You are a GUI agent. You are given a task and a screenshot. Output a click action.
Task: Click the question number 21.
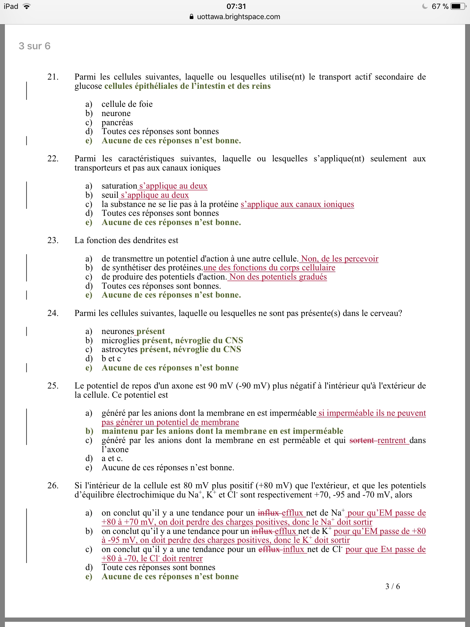click(x=53, y=77)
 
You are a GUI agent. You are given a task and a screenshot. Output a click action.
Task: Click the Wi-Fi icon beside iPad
click(x=27, y=6)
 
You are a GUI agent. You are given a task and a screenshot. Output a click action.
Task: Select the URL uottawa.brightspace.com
click(x=238, y=17)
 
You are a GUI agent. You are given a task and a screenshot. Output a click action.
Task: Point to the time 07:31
click(x=236, y=6)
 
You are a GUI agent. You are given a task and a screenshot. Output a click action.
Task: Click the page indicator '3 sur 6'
click(x=35, y=46)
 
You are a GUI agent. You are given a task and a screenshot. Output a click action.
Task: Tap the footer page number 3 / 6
click(x=393, y=586)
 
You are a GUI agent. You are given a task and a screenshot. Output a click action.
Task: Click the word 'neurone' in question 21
click(x=116, y=113)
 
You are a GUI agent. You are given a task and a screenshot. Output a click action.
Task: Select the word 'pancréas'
click(x=117, y=122)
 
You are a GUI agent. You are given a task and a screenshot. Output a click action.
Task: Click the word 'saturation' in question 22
click(x=119, y=186)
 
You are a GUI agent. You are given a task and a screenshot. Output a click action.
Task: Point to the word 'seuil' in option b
click(x=110, y=195)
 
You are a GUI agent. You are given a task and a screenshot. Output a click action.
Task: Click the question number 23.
click(x=53, y=240)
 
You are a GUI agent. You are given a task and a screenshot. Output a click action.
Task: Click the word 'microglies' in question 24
click(x=121, y=340)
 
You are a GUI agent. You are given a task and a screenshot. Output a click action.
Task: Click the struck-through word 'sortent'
click(x=362, y=440)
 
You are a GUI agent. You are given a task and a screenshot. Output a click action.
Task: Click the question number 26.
click(x=53, y=486)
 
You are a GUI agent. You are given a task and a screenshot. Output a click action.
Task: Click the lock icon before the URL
click(x=192, y=17)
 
